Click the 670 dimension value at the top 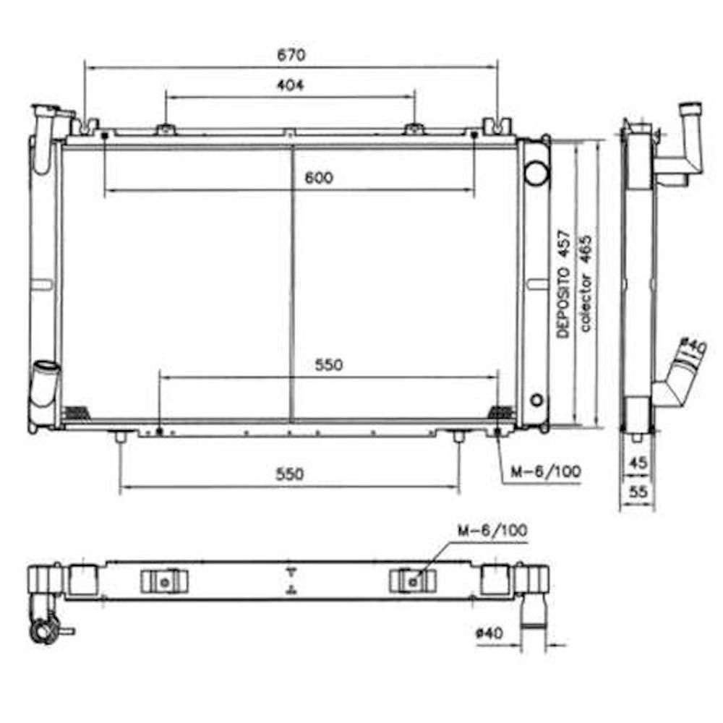click(x=291, y=55)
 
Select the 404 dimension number click(x=291, y=85)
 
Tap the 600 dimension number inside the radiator click(x=319, y=178)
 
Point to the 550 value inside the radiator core click(x=329, y=364)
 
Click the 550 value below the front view click(x=290, y=474)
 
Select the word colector click(x=585, y=302)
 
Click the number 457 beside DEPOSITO click(x=563, y=244)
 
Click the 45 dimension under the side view click(x=638, y=463)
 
